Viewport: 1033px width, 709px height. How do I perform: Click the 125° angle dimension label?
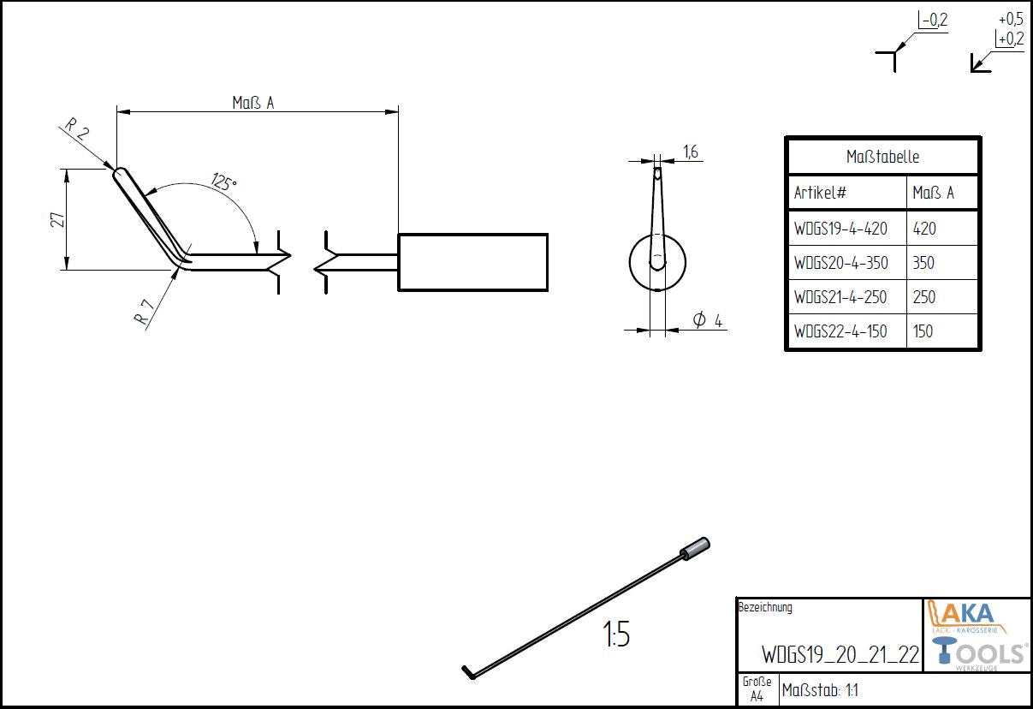coord(224,182)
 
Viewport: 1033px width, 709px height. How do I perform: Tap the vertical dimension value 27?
coord(57,219)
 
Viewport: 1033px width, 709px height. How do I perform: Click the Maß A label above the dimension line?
coord(253,103)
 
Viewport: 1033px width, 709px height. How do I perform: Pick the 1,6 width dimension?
coord(691,152)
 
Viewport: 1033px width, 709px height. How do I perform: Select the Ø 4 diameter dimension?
coord(707,320)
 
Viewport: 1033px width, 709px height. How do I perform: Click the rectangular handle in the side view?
coord(472,261)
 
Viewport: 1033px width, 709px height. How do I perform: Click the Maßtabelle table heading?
coord(882,158)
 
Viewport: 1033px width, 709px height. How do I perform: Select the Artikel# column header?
coord(820,193)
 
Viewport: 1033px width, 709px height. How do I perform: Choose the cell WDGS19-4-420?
coord(840,229)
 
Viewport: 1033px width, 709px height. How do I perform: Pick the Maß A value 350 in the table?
coord(923,263)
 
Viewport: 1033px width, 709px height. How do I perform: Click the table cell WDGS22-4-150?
coord(840,331)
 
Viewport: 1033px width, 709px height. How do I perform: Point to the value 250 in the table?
coord(923,297)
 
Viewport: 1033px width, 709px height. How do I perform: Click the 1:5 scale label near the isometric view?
coord(616,636)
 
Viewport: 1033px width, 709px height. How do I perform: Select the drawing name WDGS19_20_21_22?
coord(840,655)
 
